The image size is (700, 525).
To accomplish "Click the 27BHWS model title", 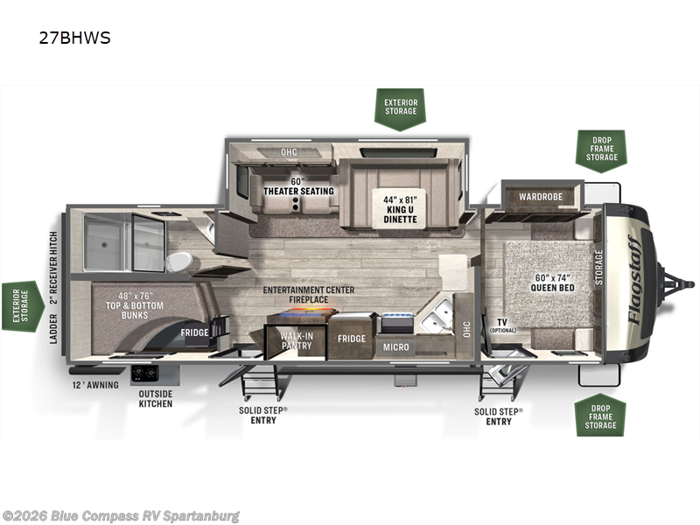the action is click(x=74, y=38).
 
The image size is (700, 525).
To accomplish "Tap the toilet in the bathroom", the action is click(x=178, y=261).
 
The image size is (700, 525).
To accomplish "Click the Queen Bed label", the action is click(x=553, y=283).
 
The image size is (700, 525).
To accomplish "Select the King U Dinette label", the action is click(x=401, y=210).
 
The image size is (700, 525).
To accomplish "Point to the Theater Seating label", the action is click(x=298, y=186).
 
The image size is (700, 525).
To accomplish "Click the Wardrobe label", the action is click(x=541, y=196).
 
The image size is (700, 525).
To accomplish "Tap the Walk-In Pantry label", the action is click(x=297, y=340).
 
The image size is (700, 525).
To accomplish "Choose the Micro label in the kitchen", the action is click(x=396, y=346).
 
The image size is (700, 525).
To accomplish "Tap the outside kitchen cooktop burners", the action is click(x=144, y=374).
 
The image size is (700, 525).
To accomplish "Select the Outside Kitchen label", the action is click(x=156, y=399).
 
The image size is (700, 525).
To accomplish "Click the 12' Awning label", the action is click(x=95, y=385).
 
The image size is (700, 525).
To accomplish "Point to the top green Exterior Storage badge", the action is click(x=401, y=109).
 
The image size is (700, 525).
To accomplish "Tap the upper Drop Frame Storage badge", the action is click(x=602, y=150).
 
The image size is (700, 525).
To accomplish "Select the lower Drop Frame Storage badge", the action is click(x=600, y=415).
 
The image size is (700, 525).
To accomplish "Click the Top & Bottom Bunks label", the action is click(x=135, y=305).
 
